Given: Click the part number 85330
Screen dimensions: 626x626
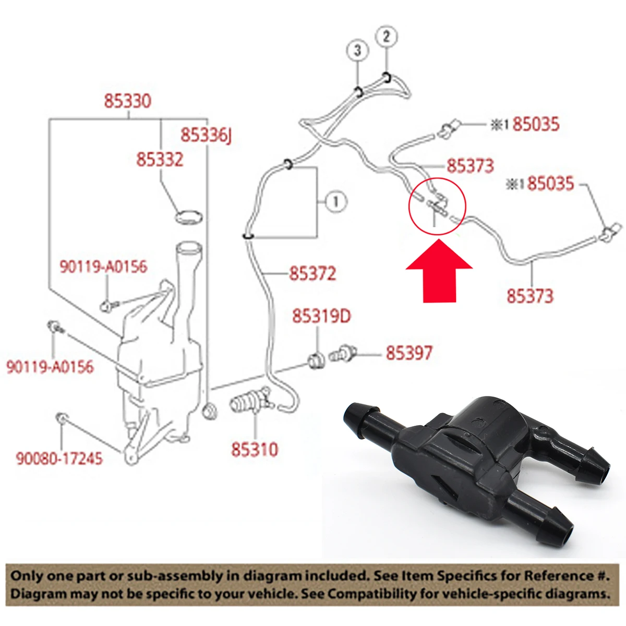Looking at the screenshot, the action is coord(128,101).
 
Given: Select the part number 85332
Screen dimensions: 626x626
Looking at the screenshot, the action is coord(160,160).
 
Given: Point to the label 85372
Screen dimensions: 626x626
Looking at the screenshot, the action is coord(312,273).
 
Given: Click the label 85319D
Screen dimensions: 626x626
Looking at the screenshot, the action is coord(322,316).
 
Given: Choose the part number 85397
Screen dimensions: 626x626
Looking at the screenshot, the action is coord(409,353).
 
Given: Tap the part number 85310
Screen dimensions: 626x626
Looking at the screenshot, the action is coord(255,450).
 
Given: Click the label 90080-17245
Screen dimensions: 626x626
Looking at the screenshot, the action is coord(59,459).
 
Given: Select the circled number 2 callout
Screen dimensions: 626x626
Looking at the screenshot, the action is coord(386,37).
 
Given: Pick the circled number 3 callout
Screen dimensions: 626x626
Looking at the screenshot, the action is coord(357,51).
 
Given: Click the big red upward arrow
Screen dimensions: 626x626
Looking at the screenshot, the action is coord(439,271).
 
